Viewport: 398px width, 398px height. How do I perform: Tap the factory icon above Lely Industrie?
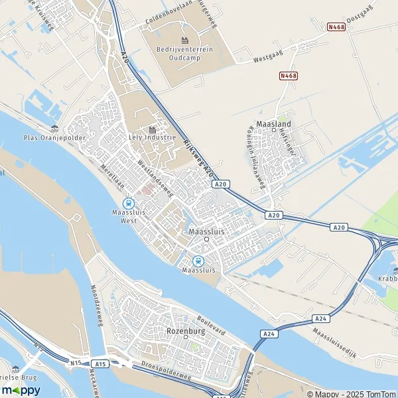[153, 130]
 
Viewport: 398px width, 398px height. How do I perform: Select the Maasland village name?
[273, 124]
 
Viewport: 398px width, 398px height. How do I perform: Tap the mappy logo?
[21, 390]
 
